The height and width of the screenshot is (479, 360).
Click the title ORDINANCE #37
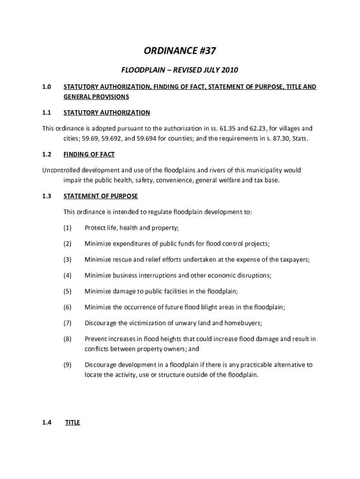(180, 51)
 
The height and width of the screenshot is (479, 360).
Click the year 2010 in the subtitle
(230, 71)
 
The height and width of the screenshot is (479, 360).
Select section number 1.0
(46, 87)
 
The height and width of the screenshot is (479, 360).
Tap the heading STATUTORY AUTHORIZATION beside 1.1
(107, 113)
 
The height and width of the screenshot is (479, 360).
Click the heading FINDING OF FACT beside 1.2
(89, 154)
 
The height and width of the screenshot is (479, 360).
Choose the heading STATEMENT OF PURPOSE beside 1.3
(101, 196)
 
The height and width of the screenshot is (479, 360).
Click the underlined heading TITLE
(72, 423)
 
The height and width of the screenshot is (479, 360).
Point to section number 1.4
(46, 423)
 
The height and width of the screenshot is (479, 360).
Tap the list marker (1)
(67, 228)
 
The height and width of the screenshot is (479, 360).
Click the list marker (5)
(67, 291)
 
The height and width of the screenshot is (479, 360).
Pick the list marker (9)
(67, 365)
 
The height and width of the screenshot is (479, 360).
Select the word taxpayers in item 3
(294, 260)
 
